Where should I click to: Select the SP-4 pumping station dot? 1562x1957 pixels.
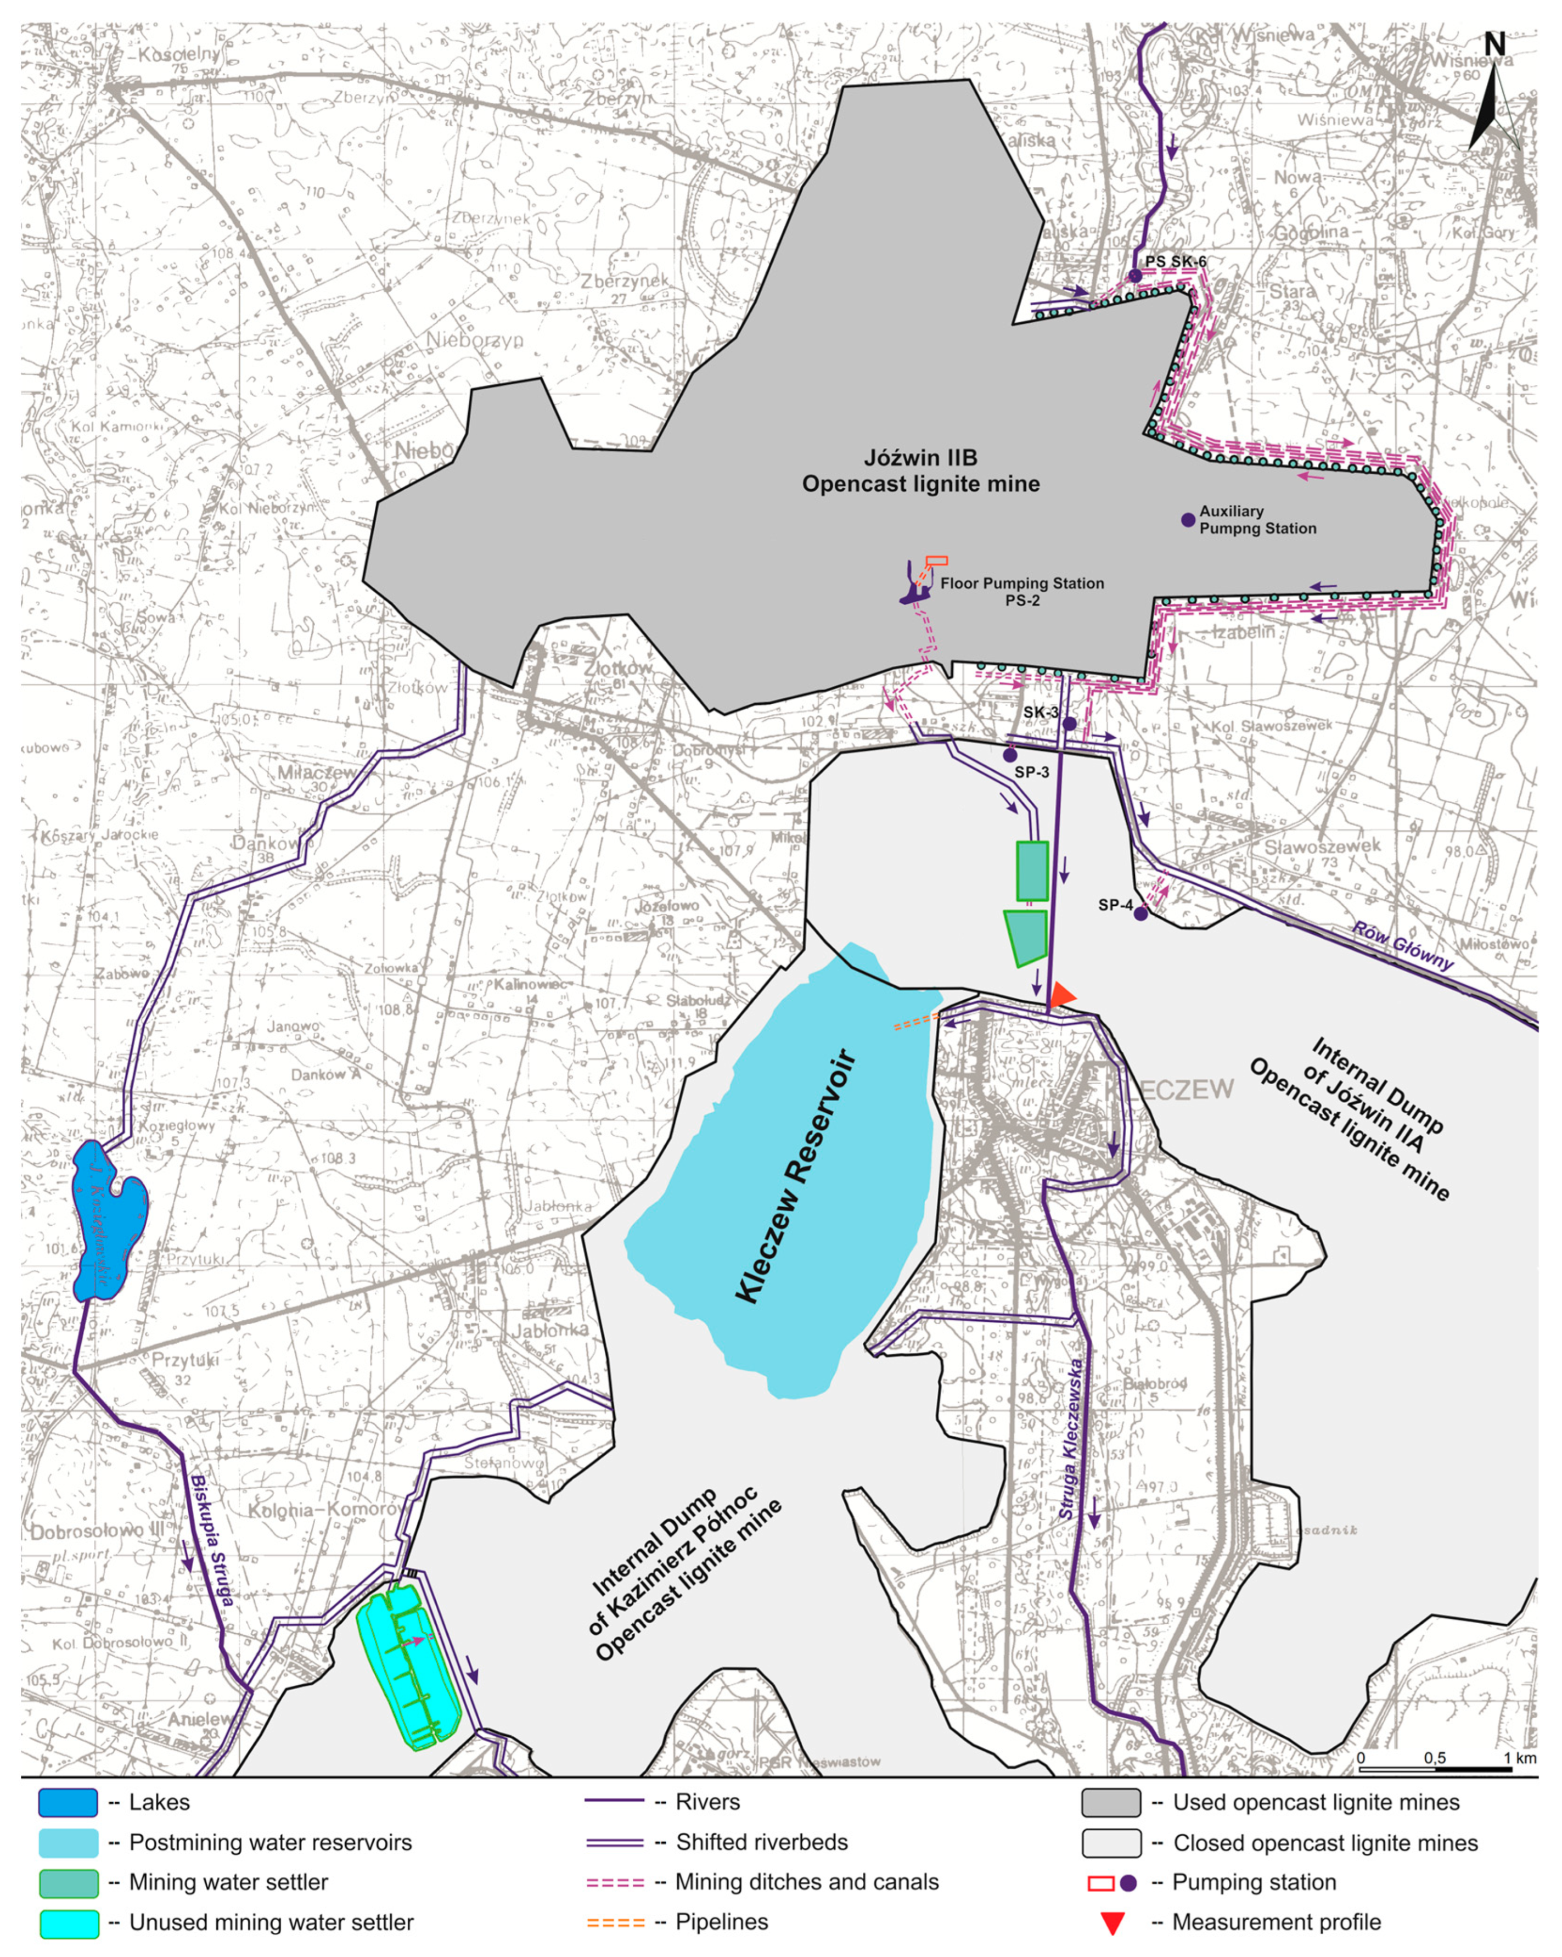coord(1141,914)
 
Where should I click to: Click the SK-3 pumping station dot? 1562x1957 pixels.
coord(1070,724)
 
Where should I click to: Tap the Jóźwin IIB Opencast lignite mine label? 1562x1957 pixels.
coord(920,470)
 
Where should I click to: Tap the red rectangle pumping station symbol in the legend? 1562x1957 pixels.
coord(1100,1882)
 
